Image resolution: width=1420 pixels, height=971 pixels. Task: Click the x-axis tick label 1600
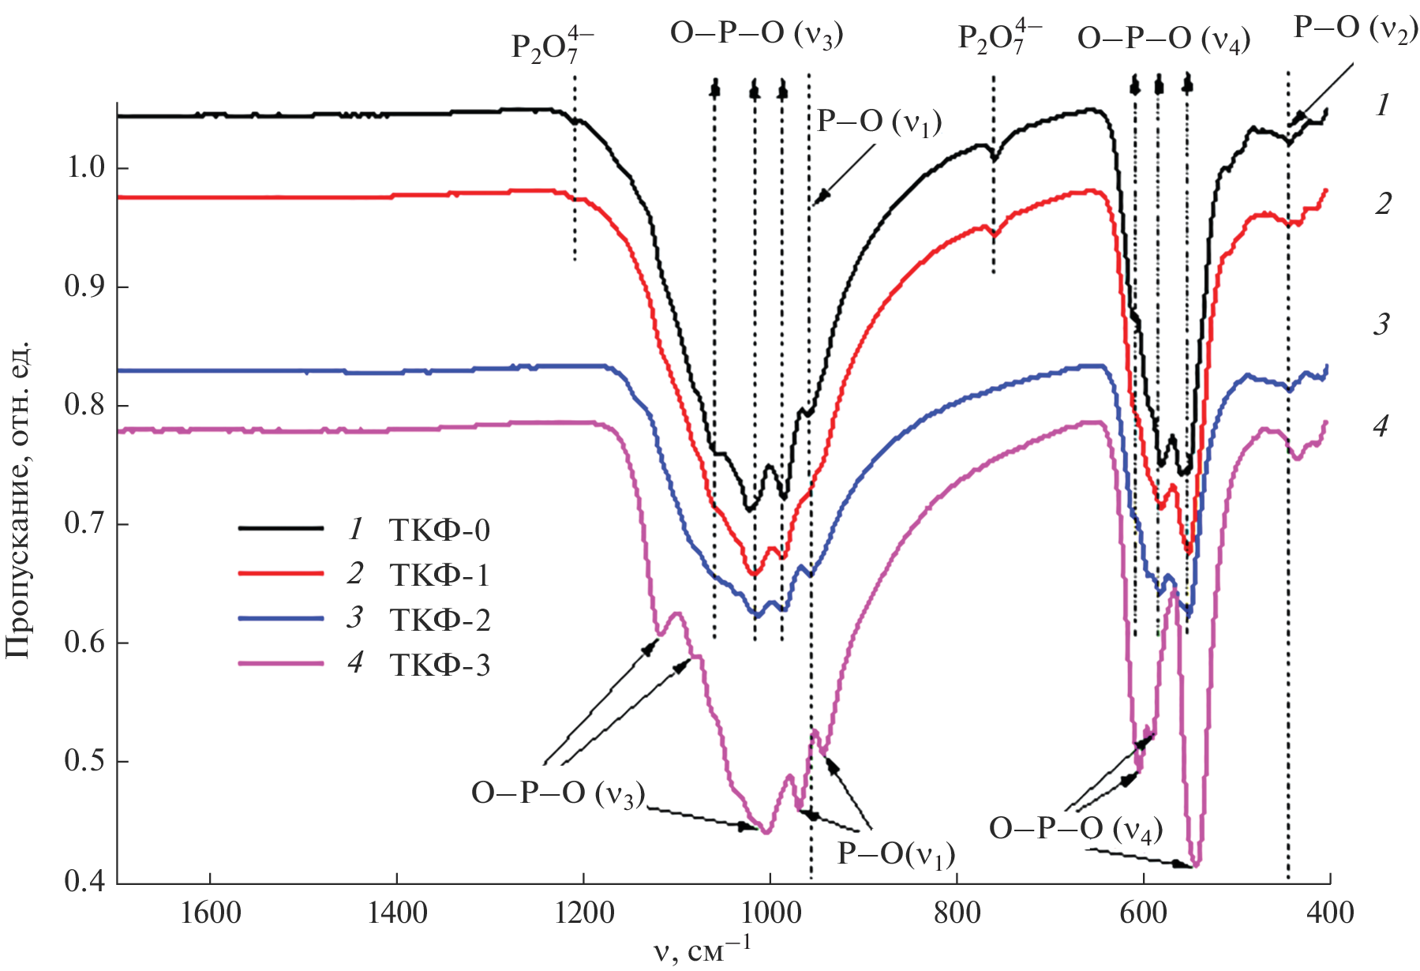(x=211, y=913)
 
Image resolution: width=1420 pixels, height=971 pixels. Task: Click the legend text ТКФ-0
(x=440, y=530)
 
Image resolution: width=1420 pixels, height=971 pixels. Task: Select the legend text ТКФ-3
(x=440, y=665)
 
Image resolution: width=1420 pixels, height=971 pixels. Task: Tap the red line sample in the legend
(x=281, y=574)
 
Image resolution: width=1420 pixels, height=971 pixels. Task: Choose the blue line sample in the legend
(x=281, y=619)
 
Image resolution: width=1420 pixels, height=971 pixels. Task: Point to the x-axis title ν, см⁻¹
(x=703, y=950)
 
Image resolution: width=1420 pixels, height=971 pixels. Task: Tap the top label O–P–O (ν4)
(x=1163, y=37)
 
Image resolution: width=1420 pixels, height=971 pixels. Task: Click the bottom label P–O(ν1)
(x=896, y=853)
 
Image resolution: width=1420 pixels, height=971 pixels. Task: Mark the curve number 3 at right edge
(x=1381, y=324)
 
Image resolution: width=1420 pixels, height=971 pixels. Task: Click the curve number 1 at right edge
(x=1381, y=105)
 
